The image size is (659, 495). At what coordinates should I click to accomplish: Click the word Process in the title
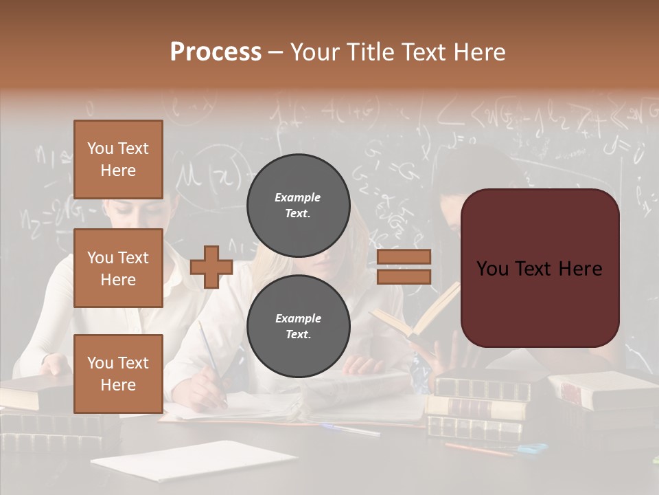click(216, 52)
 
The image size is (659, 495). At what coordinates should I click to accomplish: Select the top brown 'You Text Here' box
click(118, 159)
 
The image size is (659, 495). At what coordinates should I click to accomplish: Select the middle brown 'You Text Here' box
click(118, 268)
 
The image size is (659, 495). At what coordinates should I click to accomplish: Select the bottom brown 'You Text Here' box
click(118, 373)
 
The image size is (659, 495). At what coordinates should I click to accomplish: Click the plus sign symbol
click(211, 267)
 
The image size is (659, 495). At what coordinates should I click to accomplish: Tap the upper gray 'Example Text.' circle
click(298, 205)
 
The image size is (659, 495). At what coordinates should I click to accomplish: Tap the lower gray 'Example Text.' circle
click(298, 326)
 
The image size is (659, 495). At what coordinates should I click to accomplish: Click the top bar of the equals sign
click(404, 256)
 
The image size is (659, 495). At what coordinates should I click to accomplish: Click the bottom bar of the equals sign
click(404, 276)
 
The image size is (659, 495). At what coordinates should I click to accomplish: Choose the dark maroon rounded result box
click(540, 268)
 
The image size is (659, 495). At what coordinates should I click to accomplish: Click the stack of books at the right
click(481, 406)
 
